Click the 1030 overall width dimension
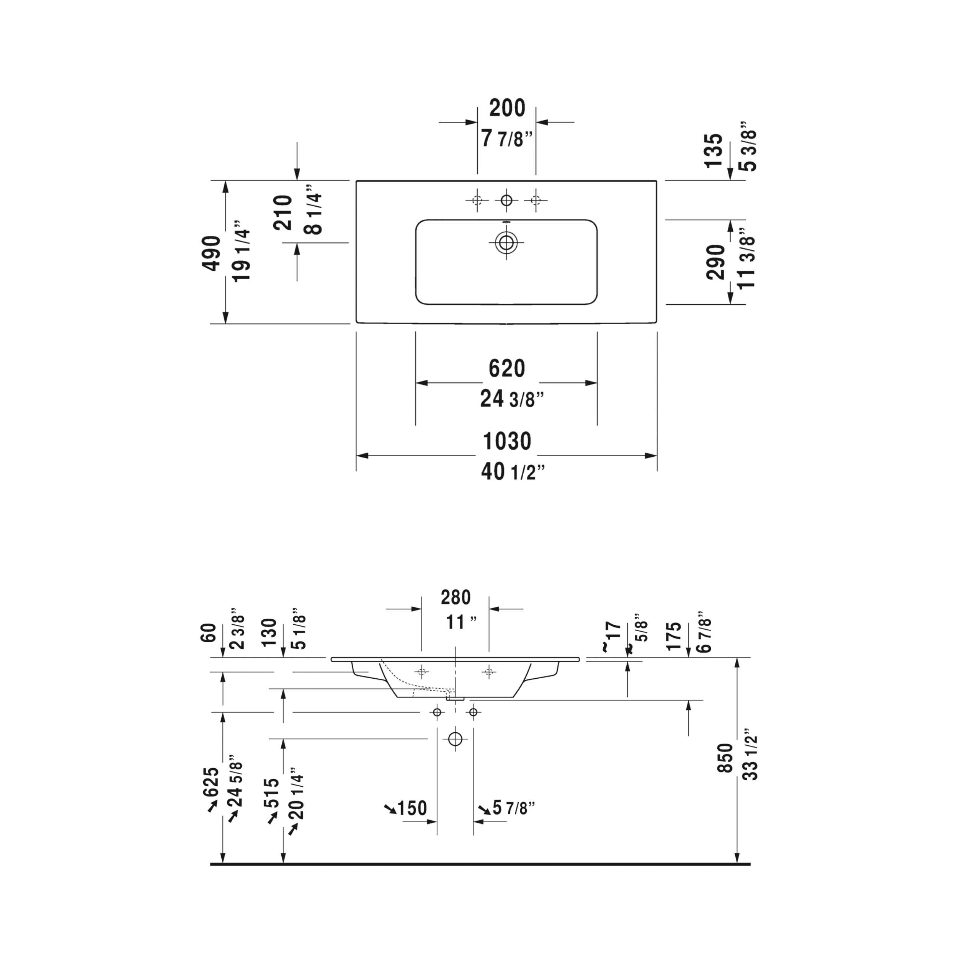click(x=507, y=441)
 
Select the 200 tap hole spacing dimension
click(x=507, y=108)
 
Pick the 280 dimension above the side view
click(x=455, y=598)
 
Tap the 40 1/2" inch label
click(x=512, y=472)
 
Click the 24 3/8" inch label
click(x=512, y=399)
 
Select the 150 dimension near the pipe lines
click(x=412, y=808)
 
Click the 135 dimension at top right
click(x=714, y=150)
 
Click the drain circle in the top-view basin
click(x=506, y=243)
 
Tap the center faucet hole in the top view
click(x=506, y=200)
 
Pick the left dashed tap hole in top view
click(x=477, y=200)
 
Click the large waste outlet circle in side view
click(x=455, y=739)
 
